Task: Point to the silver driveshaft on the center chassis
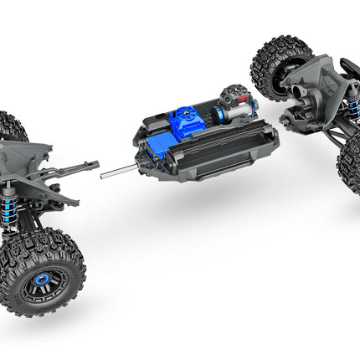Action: [x=117, y=173]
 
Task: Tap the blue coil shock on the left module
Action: [x=33, y=206]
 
